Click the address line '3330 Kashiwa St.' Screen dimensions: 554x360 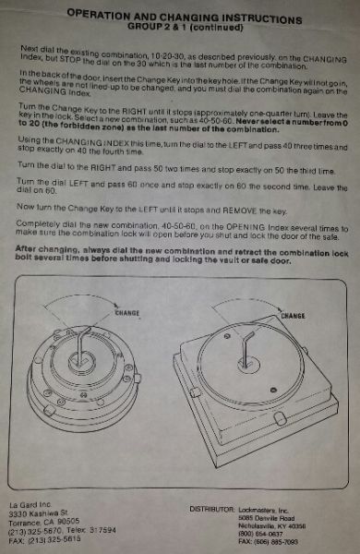point(42,513)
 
